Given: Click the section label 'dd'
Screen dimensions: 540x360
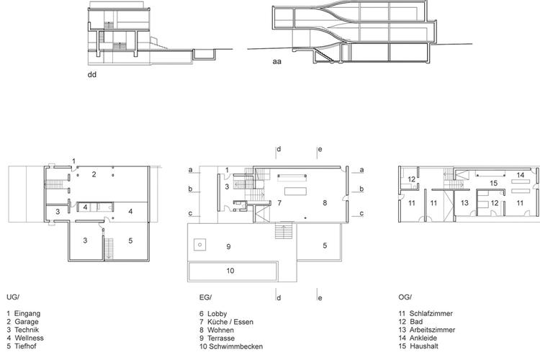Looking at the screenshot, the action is pyautogui.click(x=92, y=74).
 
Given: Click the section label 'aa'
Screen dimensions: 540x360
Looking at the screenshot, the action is pyautogui.click(x=277, y=62).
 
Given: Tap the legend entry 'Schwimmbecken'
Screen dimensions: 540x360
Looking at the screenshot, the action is pyautogui.click(x=236, y=346).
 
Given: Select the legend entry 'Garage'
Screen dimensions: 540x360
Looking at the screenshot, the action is pyautogui.click(x=27, y=322).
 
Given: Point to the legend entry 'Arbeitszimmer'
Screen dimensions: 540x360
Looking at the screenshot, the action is pyautogui.click(x=432, y=330).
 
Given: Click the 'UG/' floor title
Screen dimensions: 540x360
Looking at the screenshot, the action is pyautogui.click(x=13, y=297).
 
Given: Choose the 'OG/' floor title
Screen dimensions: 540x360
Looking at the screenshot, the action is pyautogui.click(x=405, y=297).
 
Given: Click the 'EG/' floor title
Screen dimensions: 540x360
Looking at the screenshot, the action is pyautogui.click(x=206, y=297).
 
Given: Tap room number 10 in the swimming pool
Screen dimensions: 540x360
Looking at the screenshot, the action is pyautogui.click(x=230, y=271).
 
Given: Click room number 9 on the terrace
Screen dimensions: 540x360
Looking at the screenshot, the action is pyautogui.click(x=228, y=247).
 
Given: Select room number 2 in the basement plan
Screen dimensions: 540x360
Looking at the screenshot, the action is pyautogui.click(x=94, y=174).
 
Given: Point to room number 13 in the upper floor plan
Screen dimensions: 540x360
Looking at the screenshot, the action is pyautogui.click(x=464, y=203).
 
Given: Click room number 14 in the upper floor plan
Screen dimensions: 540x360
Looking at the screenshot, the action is pyautogui.click(x=521, y=175).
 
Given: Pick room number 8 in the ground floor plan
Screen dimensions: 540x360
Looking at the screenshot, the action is pyautogui.click(x=325, y=203).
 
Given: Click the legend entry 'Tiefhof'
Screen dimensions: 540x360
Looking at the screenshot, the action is pyautogui.click(x=25, y=346).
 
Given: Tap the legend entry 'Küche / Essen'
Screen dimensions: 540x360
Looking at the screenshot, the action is pyautogui.click(x=230, y=322).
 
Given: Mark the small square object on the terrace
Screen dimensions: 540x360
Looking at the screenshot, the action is pyautogui.click(x=199, y=245).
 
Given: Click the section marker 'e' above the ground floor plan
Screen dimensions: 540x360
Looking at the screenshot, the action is pyautogui.click(x=320, y=149).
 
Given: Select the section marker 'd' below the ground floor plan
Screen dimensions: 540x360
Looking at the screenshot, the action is pyautogui.click(x=279, y=297).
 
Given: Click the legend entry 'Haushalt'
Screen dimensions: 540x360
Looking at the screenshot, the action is pyautogui.click(x=424, y=346).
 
